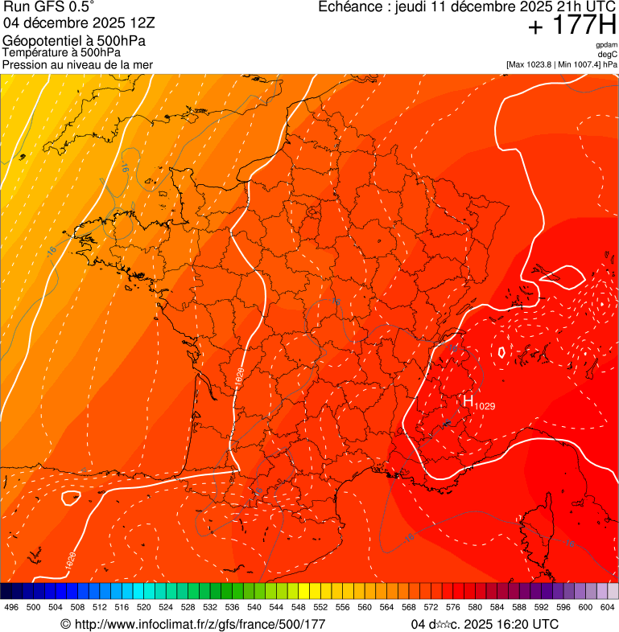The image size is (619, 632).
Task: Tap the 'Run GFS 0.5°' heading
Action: coord(49,9)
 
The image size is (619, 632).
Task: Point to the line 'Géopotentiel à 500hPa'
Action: coord(74,41)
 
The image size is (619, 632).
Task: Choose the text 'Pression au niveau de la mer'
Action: coord(77,64)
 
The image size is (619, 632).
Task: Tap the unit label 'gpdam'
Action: coord(606,45)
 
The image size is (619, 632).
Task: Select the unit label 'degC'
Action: coord(608,54)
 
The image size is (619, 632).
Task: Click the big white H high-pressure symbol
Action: coord(468,401)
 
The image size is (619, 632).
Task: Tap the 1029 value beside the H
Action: coord(485,406)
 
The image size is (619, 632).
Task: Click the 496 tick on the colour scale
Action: coord(11,608)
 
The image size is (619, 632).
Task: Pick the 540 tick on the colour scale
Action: coord(254,608)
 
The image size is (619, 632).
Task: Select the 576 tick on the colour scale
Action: coord(453,608)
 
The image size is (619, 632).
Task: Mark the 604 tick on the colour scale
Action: coord(608,608)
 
